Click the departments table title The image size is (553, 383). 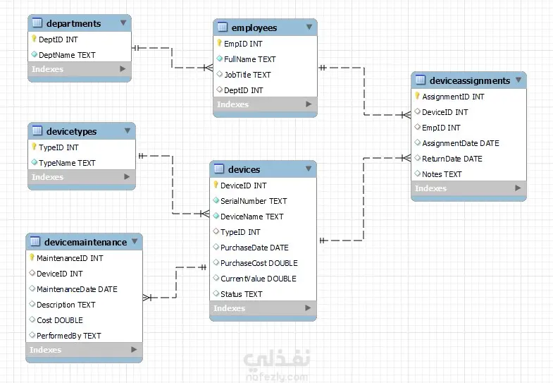tap(73, 23)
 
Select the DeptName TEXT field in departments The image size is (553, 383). tap(67, 54)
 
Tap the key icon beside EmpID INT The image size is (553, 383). tap(219, 44)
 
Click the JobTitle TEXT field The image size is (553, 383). tap(247, 75)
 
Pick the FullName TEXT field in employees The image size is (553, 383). tap(249, 59)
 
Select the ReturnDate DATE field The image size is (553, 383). tap(452, 159)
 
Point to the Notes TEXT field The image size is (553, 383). tap(442, 174)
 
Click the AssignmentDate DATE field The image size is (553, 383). tap(460, 143)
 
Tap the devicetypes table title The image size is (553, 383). tap(71, 131)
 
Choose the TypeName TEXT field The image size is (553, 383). tap(67, 163)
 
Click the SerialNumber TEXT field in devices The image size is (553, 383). tap(254, 201)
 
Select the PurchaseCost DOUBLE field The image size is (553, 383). tap(259, 263)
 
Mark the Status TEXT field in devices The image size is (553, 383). tap(241, 294)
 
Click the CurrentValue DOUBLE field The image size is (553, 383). tap(258, 279)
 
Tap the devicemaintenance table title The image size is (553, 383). tap(82, 242)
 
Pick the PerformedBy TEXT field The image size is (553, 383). tap(68, 336)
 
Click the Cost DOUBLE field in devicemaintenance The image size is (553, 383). tap(59, 320)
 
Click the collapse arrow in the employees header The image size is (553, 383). tap(309, 28)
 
